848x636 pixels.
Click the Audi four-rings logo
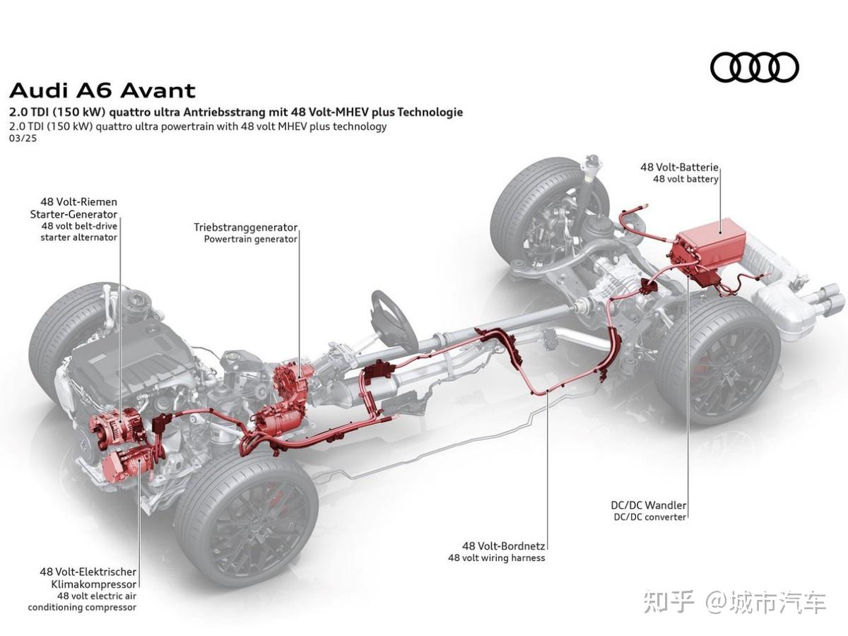[754, 68]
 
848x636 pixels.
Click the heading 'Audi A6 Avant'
[102, 90]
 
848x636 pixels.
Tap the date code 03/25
[23, 139]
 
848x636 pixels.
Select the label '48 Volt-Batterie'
[679, 167]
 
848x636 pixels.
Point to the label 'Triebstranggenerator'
[245, 228]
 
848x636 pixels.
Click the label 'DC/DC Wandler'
[649, 505]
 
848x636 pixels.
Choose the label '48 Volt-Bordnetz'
[504, 546]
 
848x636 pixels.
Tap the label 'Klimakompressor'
[93, 584]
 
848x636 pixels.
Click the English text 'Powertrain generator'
[250, 239]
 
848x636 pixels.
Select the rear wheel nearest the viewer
[717, 360]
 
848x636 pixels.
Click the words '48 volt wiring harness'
[496, 558]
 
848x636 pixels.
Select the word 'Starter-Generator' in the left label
[73, 213]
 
